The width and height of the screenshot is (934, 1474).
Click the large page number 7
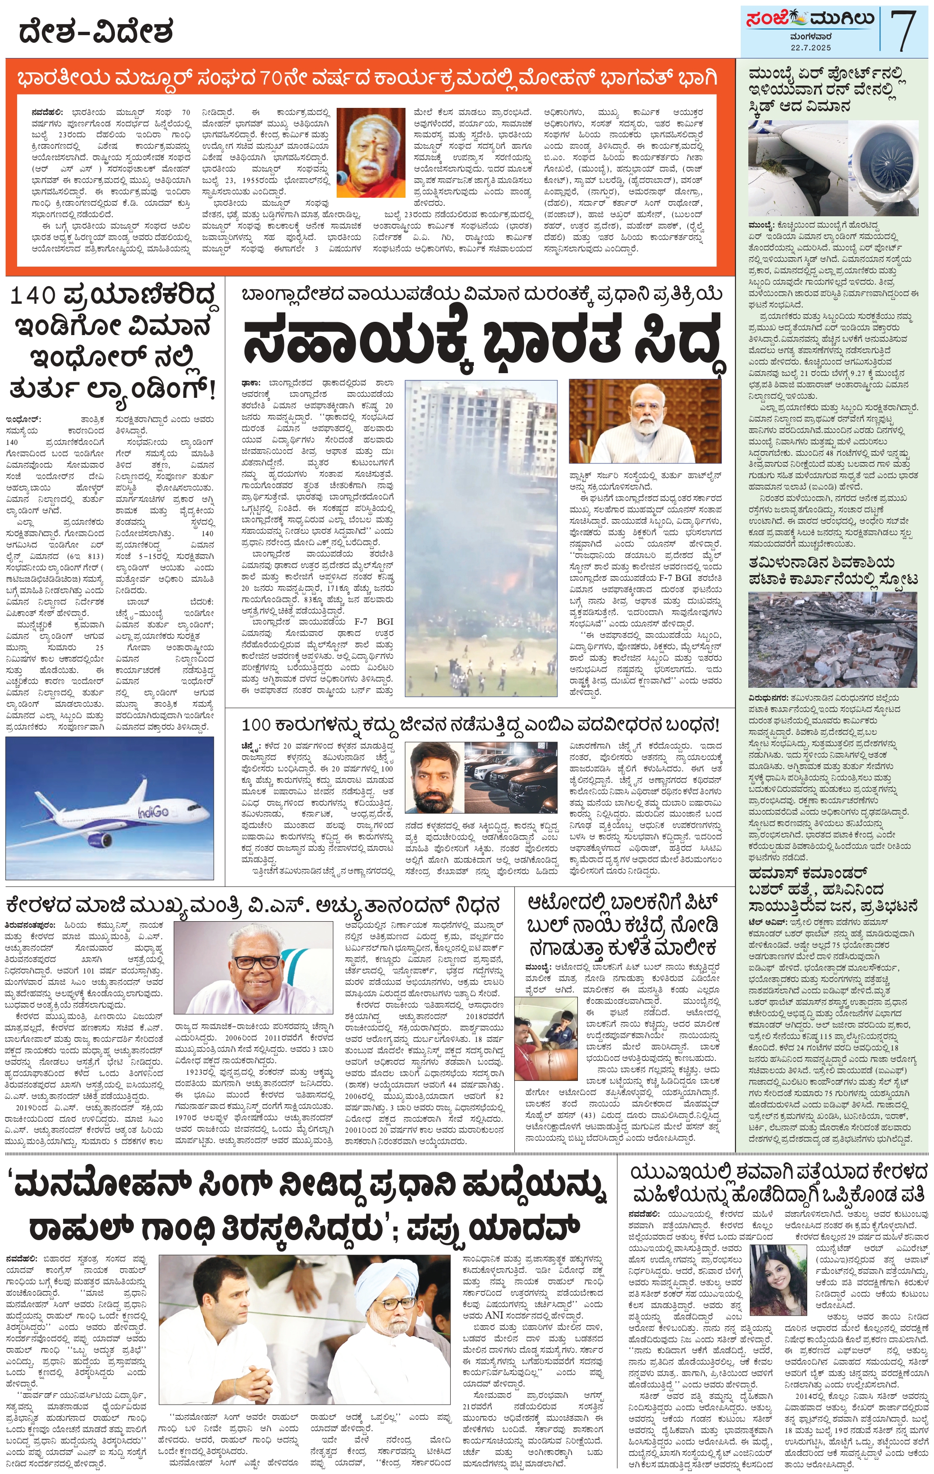tap(904, 29)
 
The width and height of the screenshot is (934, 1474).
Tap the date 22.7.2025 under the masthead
tap(810, 47)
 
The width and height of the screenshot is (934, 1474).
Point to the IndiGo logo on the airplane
tap(153, 812)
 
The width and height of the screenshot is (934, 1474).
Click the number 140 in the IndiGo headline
tap(33, 296)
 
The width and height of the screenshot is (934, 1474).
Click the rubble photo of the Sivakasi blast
tap(832, 640)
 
